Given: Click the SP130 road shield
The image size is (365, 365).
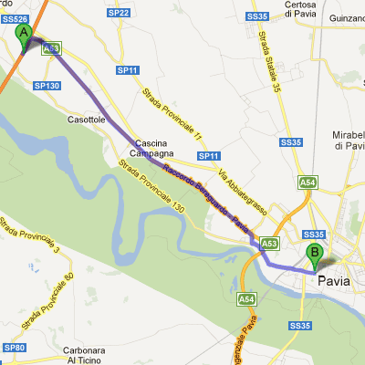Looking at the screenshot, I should tap(46, 85).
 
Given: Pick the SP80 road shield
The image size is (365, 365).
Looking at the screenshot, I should tap(13, 348).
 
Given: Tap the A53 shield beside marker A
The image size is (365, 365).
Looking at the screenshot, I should tap(52, 47).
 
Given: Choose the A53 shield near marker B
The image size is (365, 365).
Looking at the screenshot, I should tap(268, 244).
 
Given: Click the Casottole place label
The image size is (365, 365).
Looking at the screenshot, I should tap(87, 120).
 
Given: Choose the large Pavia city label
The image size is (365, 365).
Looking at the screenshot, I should tap(334, 281).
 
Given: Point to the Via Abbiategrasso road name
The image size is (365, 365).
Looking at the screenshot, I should tap(242, 190).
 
